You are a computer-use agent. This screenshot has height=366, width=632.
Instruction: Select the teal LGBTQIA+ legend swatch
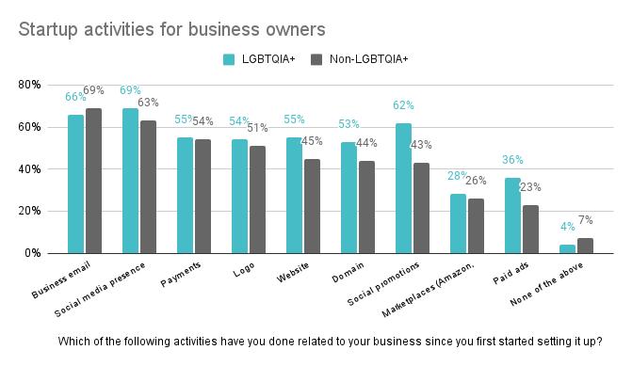point(228,59)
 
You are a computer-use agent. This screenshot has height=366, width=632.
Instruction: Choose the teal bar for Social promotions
point(403,188)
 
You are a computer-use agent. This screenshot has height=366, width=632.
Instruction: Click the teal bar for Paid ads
point(512,215)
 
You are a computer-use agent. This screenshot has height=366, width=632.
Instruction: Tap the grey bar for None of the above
point(585,246)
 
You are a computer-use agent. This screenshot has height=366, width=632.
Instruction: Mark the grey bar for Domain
point(366,207)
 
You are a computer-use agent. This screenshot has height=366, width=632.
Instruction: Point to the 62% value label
point(403,105)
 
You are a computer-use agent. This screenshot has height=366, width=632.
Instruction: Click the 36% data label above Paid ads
point(512,160)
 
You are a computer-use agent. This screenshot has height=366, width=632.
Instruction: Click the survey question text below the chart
point(330,341)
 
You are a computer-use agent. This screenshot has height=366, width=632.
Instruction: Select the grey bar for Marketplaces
point(476,226)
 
